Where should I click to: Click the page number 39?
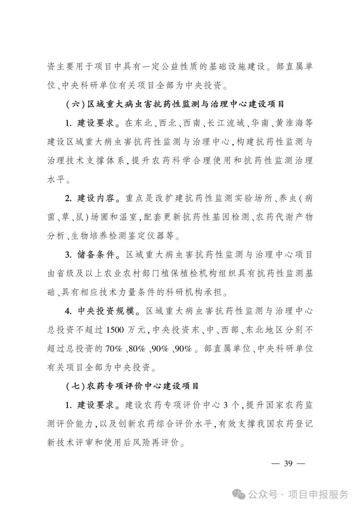coord(288,463)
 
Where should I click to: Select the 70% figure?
coord(114,349)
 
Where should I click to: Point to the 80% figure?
coord(137,349)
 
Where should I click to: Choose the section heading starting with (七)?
coord(132,386)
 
